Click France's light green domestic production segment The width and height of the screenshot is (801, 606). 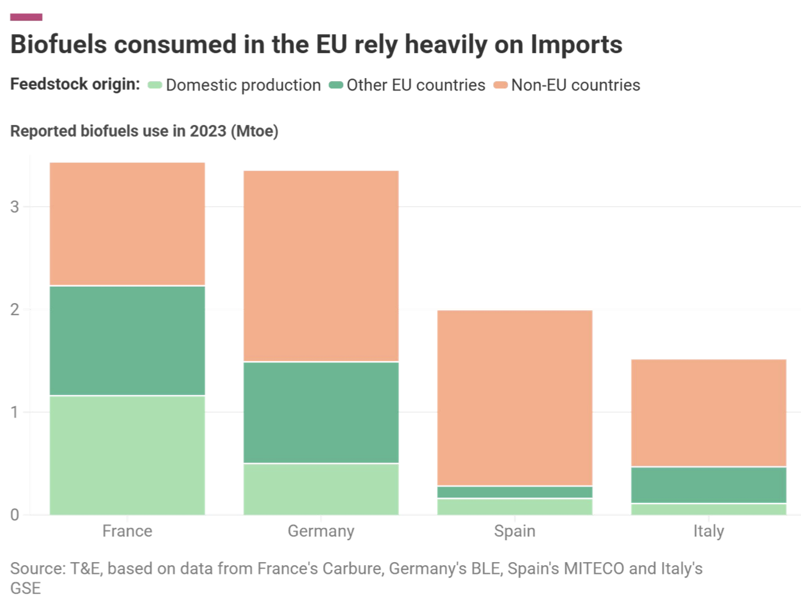(x=127, y=455)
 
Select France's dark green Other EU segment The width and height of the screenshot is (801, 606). (x=127, y=340)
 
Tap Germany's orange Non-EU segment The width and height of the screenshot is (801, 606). (x=321, y=266)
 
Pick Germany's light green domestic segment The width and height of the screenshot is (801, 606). (x=321, y=489)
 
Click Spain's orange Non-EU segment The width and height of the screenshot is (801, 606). (x=514, y=397)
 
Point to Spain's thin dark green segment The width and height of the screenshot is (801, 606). (x=514, y=492)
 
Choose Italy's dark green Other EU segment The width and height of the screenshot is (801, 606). (x=708, y=485)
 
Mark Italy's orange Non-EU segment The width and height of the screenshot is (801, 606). (x=708, y=413)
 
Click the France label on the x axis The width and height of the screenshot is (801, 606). (x=127, y=531)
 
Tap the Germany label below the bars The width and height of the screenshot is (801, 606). (x=321, y=531)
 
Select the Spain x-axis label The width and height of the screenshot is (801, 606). (x=514, y=531)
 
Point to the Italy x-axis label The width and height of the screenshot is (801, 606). (x=708, y=531)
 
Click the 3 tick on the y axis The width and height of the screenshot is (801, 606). (x=15, y=207)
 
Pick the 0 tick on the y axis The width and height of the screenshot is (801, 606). (x=15, y=515)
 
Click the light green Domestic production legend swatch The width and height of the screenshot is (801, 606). (x=155, y=85)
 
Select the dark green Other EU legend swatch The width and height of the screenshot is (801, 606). (x=336, y=85)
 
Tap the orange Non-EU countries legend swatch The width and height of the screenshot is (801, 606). (x=500, y=85)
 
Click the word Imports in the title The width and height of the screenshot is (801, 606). (x=576, y=45)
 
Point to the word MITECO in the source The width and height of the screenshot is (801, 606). (x=594, y=568)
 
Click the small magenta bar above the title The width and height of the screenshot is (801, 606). (x=26, y=17)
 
